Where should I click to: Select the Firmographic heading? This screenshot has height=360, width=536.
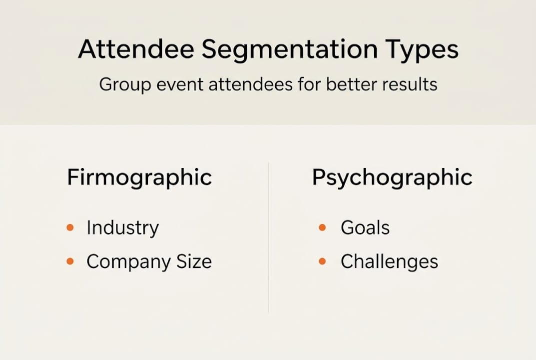[139, 178]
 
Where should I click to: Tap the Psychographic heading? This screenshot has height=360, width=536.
[392, 178]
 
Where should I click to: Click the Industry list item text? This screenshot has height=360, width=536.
[122, 228]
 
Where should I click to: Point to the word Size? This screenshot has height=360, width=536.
[193, 261]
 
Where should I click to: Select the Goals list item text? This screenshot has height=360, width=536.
[365, 227]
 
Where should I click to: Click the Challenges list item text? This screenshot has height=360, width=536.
[389, 261]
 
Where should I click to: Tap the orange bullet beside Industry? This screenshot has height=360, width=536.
[70, 228]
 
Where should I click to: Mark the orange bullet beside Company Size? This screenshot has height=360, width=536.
[70, 261]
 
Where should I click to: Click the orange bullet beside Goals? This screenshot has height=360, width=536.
[322, 228]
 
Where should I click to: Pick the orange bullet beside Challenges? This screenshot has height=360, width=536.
[322, 261]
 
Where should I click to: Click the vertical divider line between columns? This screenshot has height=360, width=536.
[268, 237]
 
